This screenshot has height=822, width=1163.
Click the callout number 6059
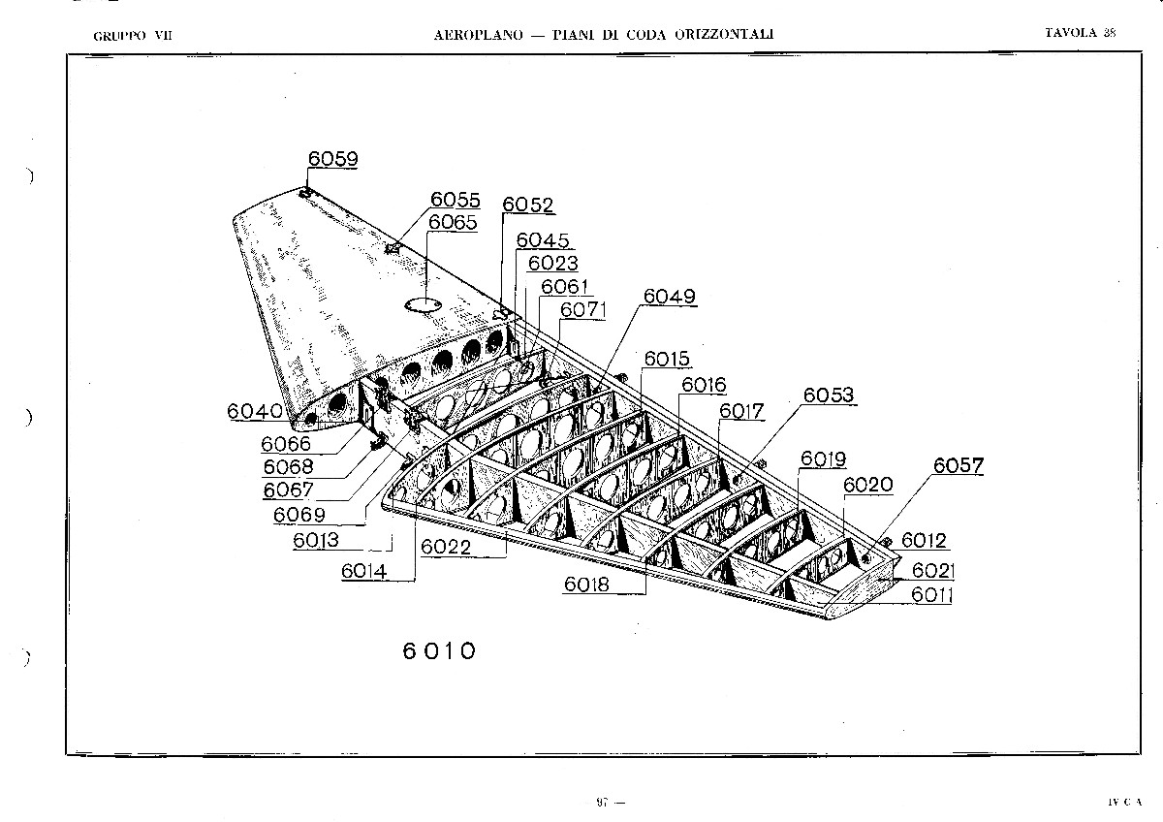click(x=332, y=158)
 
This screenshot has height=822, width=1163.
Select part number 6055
click(x=456, y=200)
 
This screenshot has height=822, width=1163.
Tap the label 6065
click(x=453, y=222)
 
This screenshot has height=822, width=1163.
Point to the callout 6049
click(x=670, y=296)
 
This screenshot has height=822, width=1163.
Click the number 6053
click(x=828, y=395)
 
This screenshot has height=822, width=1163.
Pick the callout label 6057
click(x=959, y=465)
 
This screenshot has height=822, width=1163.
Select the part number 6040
click(x=255, y=411)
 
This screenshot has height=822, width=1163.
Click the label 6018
click(x=586, y=585)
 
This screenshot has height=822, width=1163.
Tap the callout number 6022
click(x=446, y=547)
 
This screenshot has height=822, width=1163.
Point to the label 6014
click(x=364, y=571)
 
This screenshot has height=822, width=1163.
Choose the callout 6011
click(x=931, y=594)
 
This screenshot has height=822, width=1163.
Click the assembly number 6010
click(x=439, y=651)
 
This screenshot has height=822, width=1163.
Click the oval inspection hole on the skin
click(x=424, y=305)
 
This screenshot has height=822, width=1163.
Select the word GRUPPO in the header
click(x=119, y=36)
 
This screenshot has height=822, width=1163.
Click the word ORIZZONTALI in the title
click(x=724, y=34)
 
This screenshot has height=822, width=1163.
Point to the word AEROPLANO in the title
click(x=478, y=35)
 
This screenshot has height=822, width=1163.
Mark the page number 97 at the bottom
click(x=602, y=803)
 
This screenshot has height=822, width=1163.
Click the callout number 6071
click(x=582, y=309)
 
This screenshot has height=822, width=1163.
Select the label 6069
click(x=299, y=515)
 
